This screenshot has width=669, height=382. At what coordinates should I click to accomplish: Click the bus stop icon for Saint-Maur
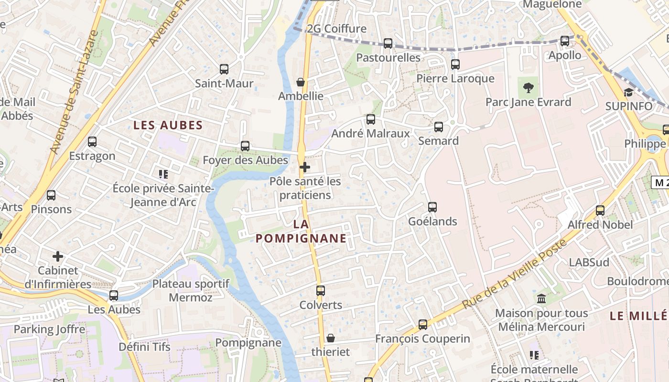224,69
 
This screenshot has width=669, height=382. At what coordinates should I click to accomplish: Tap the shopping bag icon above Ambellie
301,82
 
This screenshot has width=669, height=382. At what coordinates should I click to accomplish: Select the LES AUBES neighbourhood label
168,126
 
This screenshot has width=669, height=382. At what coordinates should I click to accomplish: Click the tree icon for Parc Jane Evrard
528,88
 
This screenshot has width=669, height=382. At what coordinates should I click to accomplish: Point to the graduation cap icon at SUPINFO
628,92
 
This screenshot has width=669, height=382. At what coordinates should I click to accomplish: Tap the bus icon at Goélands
432,207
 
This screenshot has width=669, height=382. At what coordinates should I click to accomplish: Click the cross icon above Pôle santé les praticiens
304,167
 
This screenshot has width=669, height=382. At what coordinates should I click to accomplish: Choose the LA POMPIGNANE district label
301,231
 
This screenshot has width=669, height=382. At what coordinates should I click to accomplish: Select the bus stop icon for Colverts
321,290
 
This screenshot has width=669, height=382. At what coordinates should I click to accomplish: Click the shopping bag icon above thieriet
330,338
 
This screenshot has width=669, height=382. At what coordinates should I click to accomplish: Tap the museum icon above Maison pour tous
541,299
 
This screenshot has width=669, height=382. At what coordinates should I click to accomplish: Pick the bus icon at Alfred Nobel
600,210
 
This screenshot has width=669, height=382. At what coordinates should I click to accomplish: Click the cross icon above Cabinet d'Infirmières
58,256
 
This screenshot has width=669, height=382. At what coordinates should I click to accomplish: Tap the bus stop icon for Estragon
92,142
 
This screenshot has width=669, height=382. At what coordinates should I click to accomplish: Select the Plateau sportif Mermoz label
191,290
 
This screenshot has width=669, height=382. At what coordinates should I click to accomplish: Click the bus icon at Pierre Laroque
455,64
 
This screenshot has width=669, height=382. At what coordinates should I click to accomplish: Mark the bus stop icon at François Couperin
423,325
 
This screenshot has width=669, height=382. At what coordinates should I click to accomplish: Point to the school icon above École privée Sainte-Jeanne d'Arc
163,174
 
